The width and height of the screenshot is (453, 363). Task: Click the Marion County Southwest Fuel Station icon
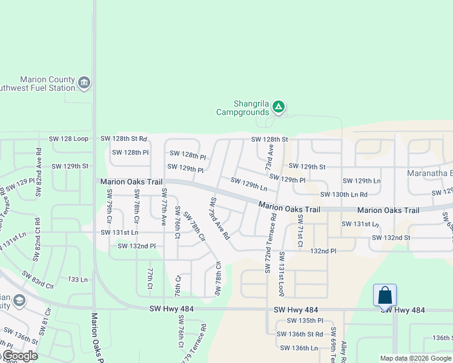coord(84,83)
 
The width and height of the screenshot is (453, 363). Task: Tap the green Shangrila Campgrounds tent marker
coord(278,107)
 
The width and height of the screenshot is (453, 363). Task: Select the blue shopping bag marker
coord(385,295)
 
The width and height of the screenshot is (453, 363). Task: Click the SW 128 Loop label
coord(70,139)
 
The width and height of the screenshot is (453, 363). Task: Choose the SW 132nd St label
coord(391,237)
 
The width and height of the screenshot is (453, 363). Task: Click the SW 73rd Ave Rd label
coord(220,217)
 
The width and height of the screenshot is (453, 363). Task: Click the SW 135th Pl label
coord(305,321)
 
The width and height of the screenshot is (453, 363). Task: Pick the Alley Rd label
coord(344,351)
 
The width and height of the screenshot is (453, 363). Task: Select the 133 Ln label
coord(78,280)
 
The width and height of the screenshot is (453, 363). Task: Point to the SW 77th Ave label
coord(164,207)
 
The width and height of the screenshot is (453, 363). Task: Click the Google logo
coord(19,356)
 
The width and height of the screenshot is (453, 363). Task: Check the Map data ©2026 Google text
coord(415,358)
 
